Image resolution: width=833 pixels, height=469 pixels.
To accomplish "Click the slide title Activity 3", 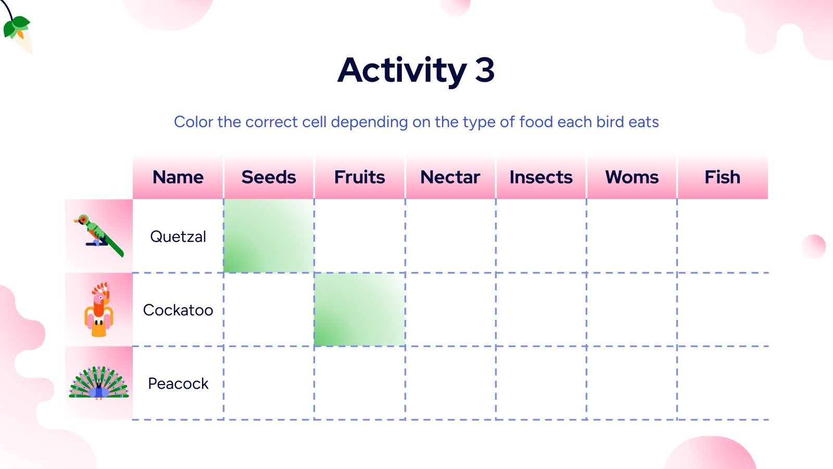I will click(416, 70).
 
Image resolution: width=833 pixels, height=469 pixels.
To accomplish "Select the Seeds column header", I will click(269, 177).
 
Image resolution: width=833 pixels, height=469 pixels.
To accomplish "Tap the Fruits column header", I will click(359, 177).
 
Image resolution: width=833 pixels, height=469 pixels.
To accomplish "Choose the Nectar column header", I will click(450, 177).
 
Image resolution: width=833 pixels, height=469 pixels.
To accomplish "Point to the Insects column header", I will click(541, 177).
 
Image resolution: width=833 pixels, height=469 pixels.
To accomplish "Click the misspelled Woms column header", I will click(632, 177).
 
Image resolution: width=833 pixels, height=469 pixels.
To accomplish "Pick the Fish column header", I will click(722, 177).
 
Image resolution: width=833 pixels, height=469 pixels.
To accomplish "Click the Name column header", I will click(178, 177).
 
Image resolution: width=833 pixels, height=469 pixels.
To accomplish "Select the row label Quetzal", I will click(178, 237).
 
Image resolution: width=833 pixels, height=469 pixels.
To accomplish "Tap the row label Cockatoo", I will click(178, 310).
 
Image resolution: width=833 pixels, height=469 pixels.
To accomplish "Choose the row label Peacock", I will click(178, 384).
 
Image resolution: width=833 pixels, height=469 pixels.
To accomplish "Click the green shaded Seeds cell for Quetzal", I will click(269, 236).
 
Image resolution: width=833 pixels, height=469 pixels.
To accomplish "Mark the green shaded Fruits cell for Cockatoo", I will click(359, 310).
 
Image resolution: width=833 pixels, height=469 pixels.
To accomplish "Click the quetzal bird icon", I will click(98, 235).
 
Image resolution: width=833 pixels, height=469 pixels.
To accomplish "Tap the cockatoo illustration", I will click(98, 310).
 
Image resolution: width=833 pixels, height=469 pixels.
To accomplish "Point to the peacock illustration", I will click(98, 384).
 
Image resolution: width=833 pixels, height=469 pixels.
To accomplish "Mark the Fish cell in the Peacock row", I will click(722, 383).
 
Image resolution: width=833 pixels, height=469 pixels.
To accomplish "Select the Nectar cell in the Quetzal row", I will click(450, 236).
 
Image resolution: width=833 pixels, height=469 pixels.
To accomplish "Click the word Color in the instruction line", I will click(194, 122).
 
